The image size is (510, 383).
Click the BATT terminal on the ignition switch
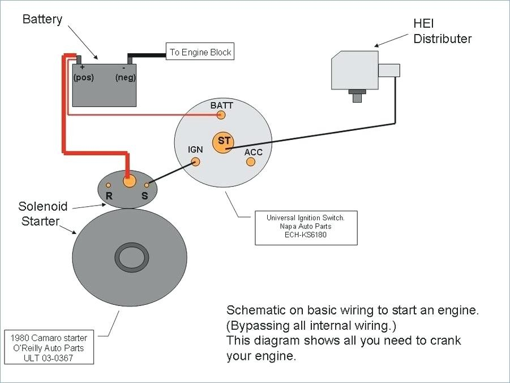221,115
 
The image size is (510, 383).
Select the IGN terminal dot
196,161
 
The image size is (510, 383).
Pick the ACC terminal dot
250,162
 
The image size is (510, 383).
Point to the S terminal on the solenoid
147,185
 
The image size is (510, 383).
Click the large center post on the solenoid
129,181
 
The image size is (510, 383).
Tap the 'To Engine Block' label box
200,52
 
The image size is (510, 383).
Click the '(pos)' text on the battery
83,78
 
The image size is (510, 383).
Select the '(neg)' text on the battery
125,78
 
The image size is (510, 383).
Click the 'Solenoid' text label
43,206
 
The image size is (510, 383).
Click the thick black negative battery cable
147,56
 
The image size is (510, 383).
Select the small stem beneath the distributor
357,97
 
